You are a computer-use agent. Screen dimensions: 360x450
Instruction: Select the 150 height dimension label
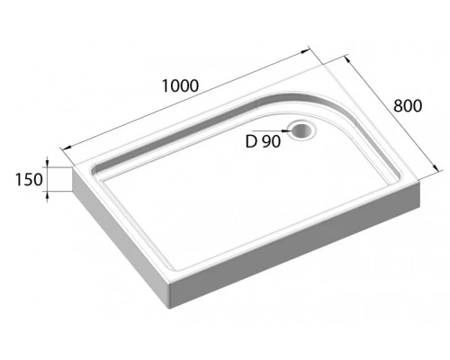point(29,179)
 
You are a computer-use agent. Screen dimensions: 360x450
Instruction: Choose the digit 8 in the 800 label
point(400,106)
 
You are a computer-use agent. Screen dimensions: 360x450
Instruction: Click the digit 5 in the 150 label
point(29,179)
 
